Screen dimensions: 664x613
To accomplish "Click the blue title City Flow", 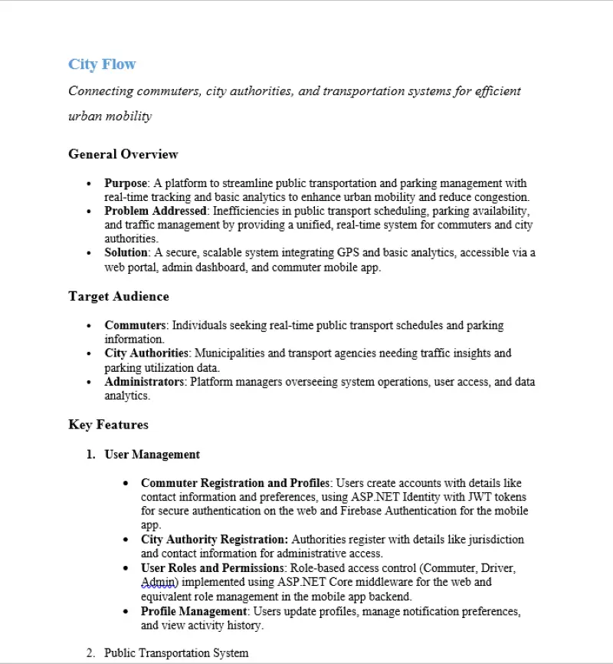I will pos(102,64).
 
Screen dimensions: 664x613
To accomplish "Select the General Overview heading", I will pos(123,154).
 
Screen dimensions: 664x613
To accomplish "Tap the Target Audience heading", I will pos(118,297).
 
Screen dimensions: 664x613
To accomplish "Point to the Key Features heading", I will pos(108,425).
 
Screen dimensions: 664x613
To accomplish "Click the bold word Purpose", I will pos(126,183).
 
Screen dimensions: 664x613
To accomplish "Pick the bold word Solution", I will pos(126,253).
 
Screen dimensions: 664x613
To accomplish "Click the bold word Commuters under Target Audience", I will pos(135,325).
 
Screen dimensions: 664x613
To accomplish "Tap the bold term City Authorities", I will pos(146,353).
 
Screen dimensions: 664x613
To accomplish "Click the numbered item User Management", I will pos(152,455).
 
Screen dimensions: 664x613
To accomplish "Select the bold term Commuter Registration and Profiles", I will pos(234,483).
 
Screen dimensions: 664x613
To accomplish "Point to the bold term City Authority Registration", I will pos(214,540).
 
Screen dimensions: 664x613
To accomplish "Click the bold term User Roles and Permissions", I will pos(212,568).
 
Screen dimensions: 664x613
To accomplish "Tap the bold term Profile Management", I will pos(194,611).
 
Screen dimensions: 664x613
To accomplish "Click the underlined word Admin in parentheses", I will pos(157,583).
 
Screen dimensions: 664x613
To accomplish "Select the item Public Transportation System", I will pos(176,653).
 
